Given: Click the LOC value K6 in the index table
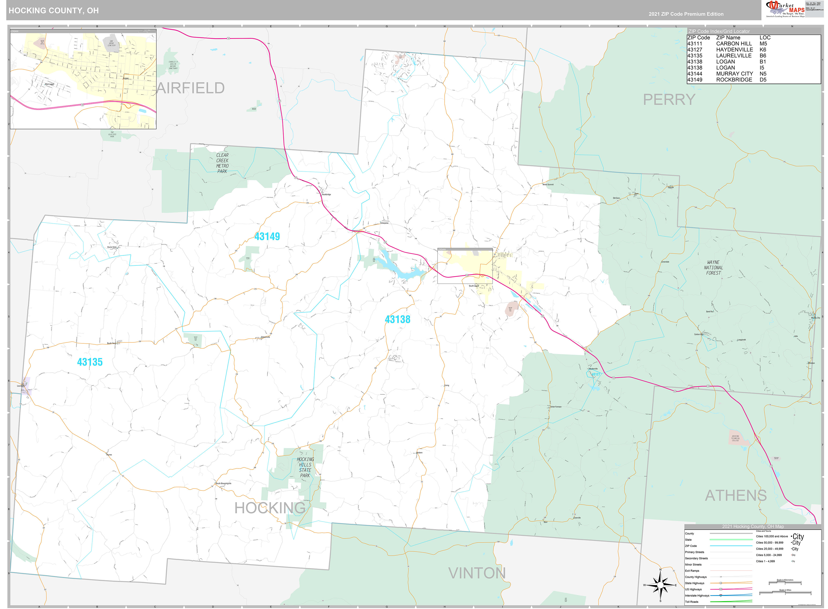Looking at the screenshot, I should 763,50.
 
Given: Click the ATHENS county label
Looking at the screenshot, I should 736,495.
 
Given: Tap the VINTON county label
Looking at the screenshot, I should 477,573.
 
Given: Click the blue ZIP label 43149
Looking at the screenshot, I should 267,237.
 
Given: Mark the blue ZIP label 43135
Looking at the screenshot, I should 90,362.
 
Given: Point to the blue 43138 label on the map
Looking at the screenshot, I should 397,319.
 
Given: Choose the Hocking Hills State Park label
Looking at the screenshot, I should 305,468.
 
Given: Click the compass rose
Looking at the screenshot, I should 660,585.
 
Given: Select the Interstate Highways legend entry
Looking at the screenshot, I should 697,595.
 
